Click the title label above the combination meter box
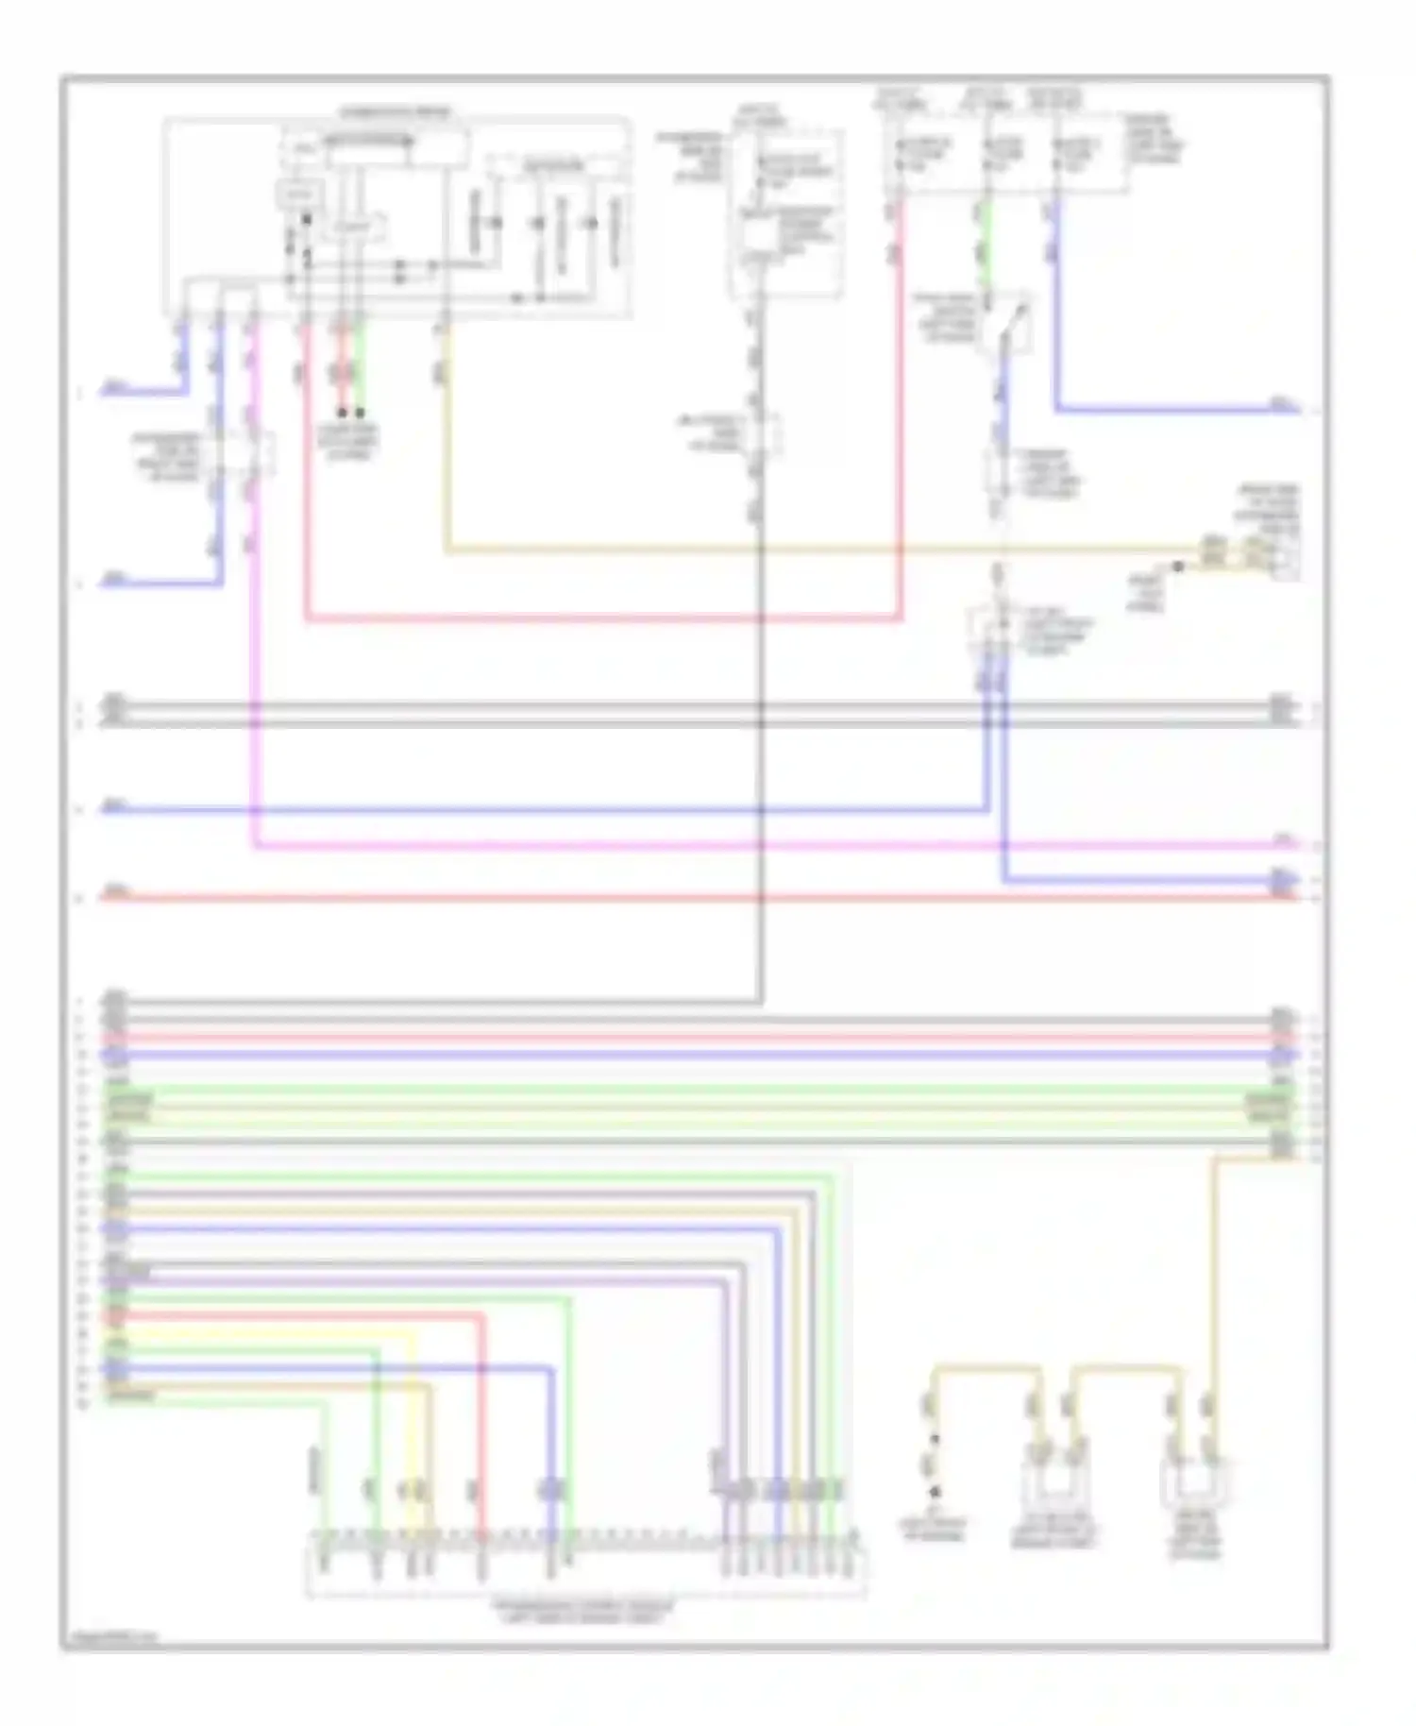coord(396,112)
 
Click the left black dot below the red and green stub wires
coord(342,414)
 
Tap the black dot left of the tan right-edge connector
coord(1178,567)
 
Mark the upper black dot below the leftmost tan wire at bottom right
coord(936,1440)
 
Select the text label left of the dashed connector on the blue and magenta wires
coord(167,457)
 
